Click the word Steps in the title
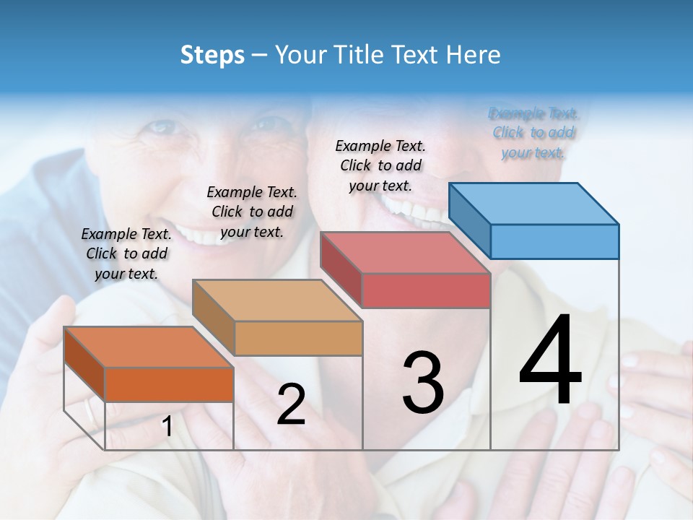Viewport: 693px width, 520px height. click(212, 55)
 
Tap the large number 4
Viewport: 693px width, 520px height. click(550, 360)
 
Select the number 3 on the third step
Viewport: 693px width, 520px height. click(422, 383)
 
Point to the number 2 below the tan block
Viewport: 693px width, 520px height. click(291, 404)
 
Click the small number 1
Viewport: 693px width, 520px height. click(167, 426)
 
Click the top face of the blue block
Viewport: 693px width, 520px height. click(534, 204)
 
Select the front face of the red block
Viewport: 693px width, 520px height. click(426, 290)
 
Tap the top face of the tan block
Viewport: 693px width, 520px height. click(276, 300)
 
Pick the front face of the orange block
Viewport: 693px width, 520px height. click(169, 384)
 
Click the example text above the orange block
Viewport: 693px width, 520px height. click(126, 253)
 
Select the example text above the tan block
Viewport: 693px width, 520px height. click(252, 212)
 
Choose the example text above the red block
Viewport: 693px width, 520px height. click(380, 165)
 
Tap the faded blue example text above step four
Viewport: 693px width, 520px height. click(533, 133)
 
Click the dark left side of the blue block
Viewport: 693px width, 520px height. click(470, 221)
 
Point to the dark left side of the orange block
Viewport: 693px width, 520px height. click(84, 364)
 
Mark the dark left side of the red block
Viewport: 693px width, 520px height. click(341, 269)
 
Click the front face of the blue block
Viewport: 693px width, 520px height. click(554, 241)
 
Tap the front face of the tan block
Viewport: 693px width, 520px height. click(298, 338)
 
